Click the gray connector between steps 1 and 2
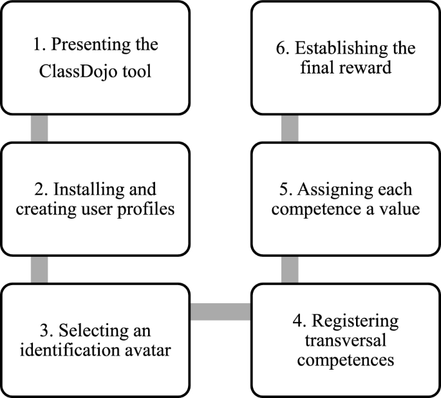tap(39, 128)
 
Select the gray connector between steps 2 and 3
tap(39, 268)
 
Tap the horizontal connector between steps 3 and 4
tap(221, 312)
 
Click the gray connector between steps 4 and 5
tap(290, 268)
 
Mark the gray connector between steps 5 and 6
tap(290, 128)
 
